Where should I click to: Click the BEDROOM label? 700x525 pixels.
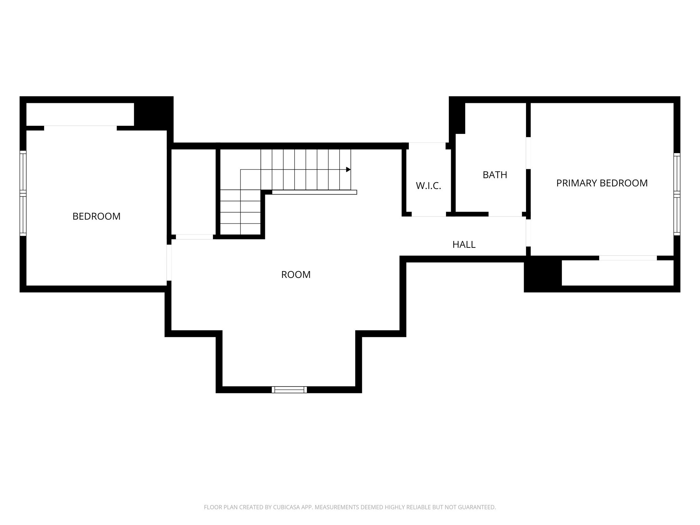96,216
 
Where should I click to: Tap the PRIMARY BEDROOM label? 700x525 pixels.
602,183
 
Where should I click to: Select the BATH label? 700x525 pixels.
495,175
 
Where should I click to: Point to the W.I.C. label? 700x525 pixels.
428,186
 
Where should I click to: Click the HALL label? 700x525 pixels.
464,244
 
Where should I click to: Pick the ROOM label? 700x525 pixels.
296,275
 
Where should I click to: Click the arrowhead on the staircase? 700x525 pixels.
348,170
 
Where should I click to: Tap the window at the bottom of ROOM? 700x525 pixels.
289,390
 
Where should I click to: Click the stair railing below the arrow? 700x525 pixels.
314,192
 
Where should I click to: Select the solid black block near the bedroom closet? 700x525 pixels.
153,113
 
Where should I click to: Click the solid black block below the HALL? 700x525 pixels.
543,274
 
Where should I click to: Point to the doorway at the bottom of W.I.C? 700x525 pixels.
429,214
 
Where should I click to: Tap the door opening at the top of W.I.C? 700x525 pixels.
427,146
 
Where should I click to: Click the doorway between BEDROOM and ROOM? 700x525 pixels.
169,262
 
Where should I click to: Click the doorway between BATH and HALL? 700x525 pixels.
505,214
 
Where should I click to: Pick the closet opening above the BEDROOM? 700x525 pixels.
80,128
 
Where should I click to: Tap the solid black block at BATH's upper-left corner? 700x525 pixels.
457,115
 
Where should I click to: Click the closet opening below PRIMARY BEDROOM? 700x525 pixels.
628,258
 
